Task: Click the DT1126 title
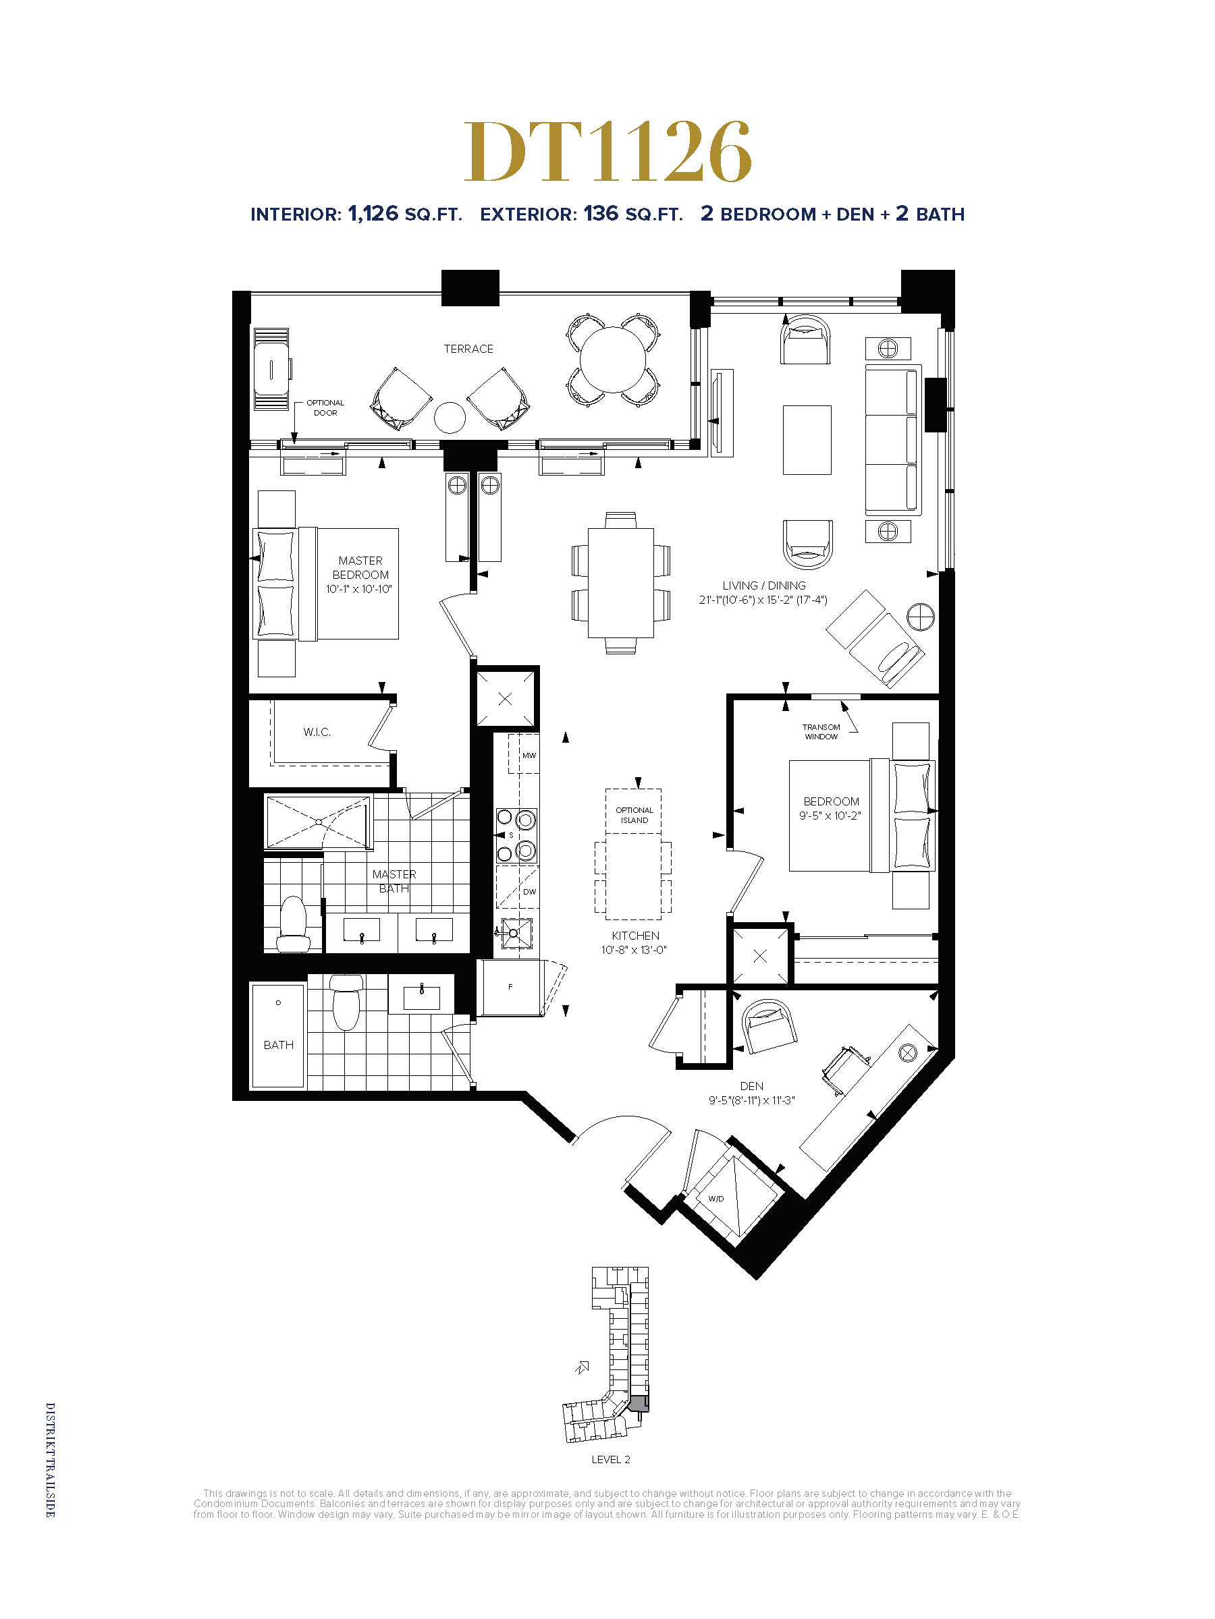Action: point(608,152)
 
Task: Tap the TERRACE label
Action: point(468,349)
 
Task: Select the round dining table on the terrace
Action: point(613,360)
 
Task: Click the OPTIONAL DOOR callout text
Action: point(325,407)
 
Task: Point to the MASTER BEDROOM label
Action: point(360,567)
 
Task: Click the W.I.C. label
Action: point(317,732)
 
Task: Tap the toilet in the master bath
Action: point(294,924)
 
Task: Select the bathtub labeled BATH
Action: point(278,1035)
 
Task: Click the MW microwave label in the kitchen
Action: point(529,756)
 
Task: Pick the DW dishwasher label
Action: point(529,892)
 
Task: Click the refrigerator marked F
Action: point(510,988)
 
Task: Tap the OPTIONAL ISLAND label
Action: point(634,816)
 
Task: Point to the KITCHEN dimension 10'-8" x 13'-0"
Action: point(634,950)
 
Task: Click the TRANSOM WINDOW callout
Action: point(821,732)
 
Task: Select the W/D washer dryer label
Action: point(715,1199)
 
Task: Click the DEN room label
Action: point(751,1086)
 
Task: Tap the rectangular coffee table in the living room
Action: point(807,440)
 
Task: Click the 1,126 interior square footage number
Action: point(373,214)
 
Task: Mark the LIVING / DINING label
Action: point(764,586)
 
